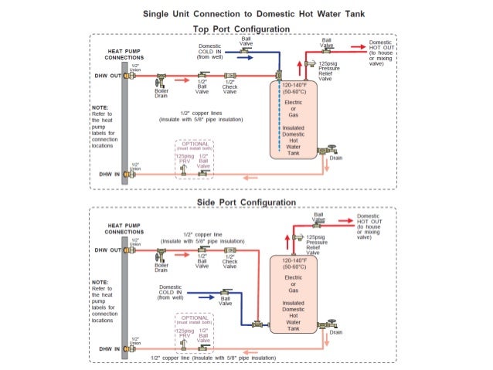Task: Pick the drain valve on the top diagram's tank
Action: click(331, 150)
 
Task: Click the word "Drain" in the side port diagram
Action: click(335, 332)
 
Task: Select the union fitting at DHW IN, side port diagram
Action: click(131, 348)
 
